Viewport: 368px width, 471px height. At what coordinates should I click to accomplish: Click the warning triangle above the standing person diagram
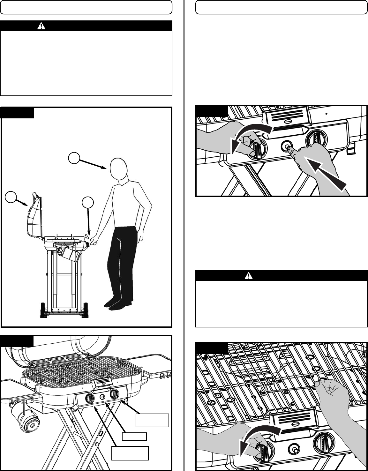41,26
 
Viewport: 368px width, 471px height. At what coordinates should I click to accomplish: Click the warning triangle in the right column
248,276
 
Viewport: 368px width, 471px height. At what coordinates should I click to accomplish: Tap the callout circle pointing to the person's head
74,158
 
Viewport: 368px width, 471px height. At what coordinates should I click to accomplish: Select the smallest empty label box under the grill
135,437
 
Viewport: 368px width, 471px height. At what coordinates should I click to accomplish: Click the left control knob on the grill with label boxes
90,398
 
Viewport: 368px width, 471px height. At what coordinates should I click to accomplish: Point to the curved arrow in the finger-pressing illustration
249,136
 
